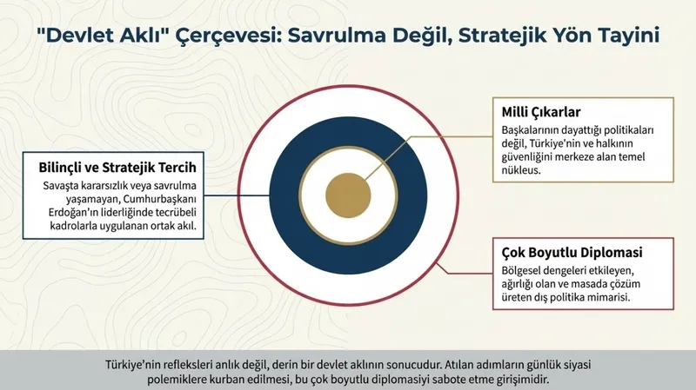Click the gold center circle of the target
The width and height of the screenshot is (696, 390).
348,193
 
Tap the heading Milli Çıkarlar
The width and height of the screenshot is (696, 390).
541,112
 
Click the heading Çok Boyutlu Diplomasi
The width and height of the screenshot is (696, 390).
572,254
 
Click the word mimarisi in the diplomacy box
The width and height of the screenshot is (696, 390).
606,297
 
